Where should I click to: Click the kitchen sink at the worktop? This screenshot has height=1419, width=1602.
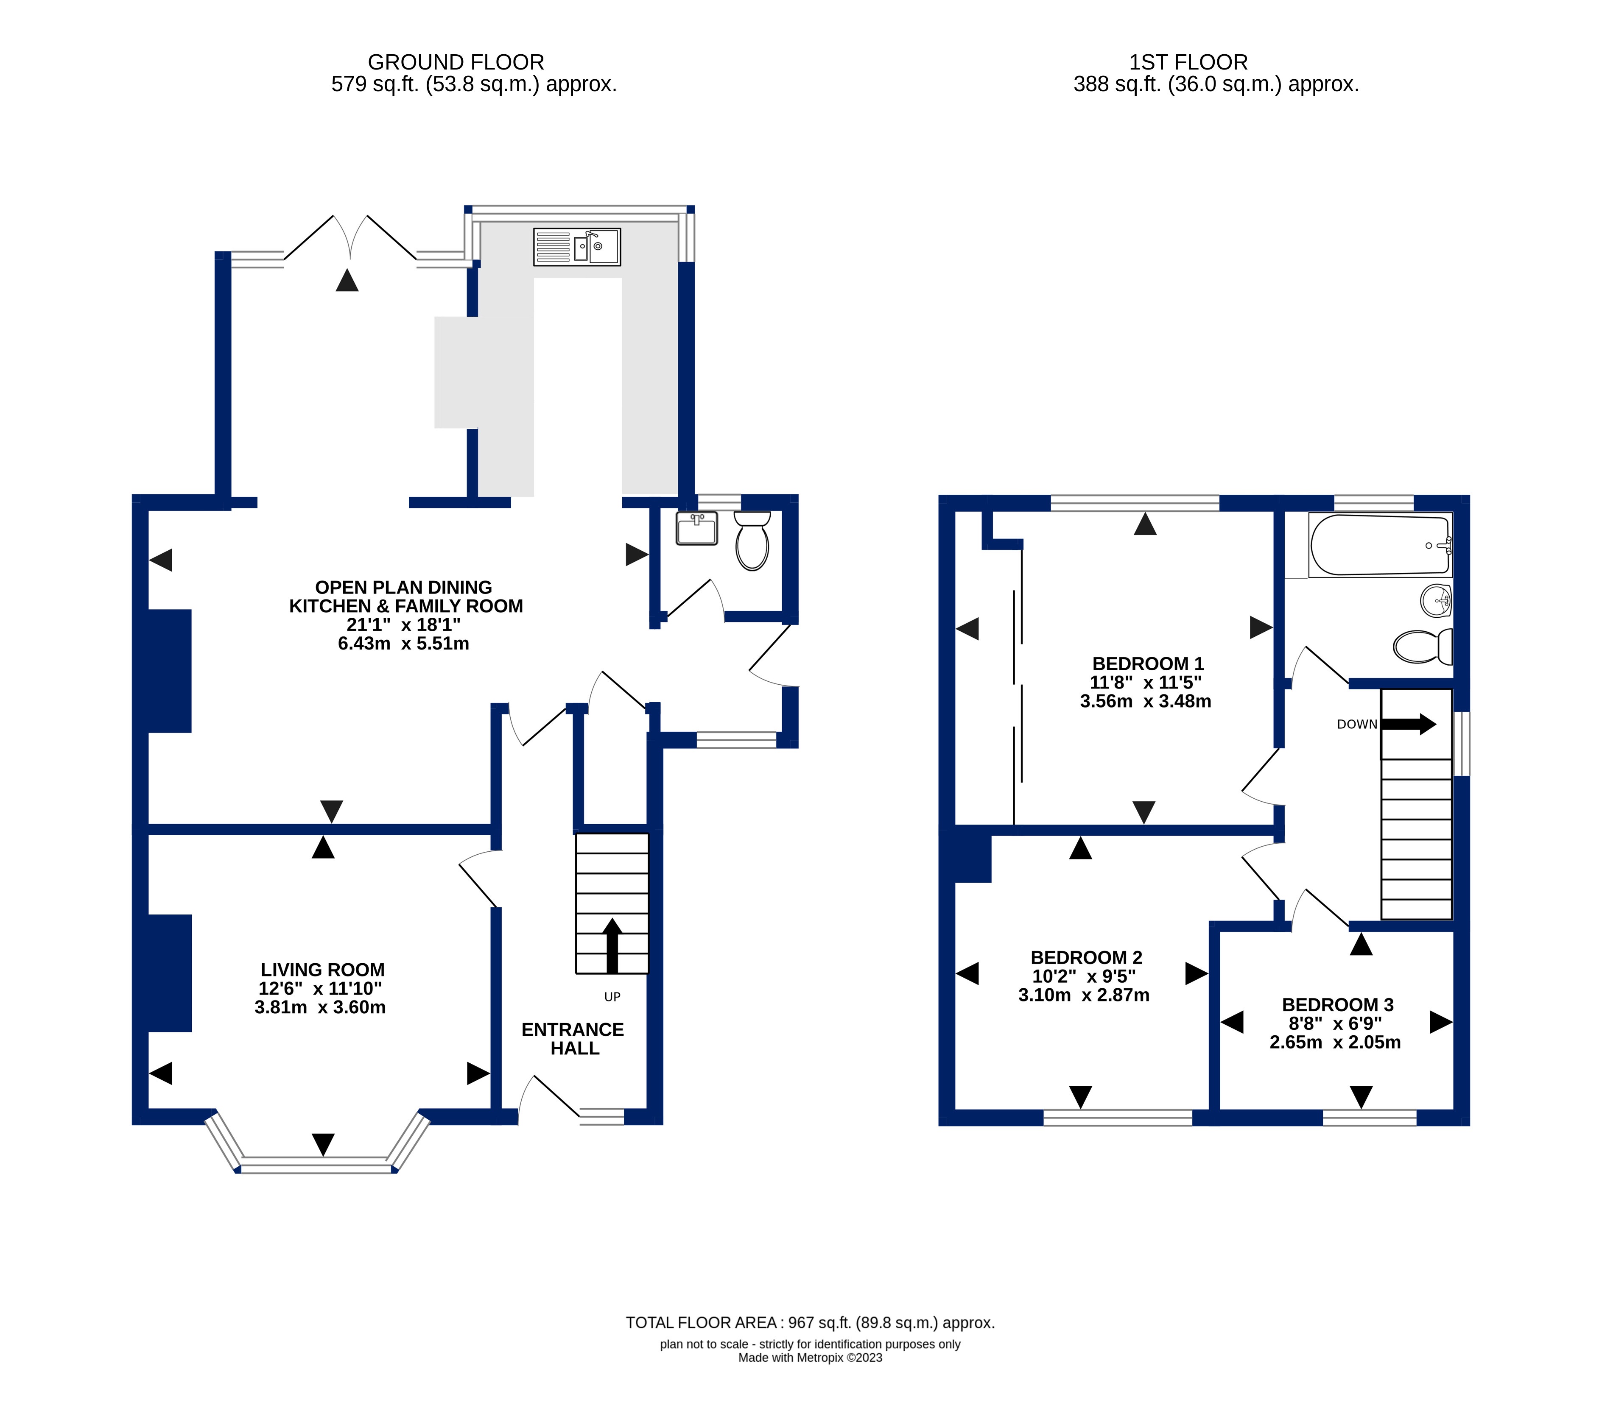(x=577, y=247)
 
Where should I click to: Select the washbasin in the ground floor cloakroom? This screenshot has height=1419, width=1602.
(x=697, y=528)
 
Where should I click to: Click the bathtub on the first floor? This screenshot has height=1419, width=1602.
(x=1380, y=545)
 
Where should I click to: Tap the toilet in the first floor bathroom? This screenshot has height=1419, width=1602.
(x=1423, y=647)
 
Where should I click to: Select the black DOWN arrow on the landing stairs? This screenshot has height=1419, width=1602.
(x=1409, y=724)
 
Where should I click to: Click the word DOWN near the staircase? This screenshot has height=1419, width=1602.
(x=1357, y=724)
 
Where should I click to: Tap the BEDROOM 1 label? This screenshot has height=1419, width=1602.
(x=1147, y=664)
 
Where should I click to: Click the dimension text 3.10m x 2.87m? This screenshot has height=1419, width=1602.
(x=1084, y=995)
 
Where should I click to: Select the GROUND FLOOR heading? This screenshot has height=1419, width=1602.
(x=456, y=62)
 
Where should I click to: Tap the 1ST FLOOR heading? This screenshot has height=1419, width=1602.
(x=1188, y=62)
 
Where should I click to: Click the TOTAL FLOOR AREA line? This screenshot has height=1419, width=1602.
(x=811, y=1323)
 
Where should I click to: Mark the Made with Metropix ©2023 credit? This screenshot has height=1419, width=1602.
(x=811, y=1358)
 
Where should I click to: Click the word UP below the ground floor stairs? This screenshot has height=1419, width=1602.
(x=612, y=997)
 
